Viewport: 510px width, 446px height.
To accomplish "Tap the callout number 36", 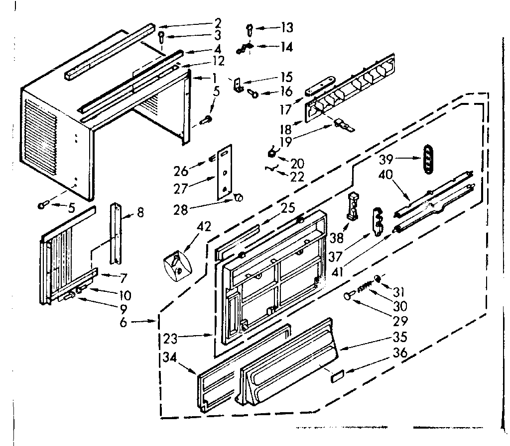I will (x=400, y=353).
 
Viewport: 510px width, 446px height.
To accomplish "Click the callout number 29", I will (x=399, y=321).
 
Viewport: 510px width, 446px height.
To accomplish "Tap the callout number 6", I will (x=123, y=322).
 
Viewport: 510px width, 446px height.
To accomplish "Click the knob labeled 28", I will (x=239, y=198).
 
